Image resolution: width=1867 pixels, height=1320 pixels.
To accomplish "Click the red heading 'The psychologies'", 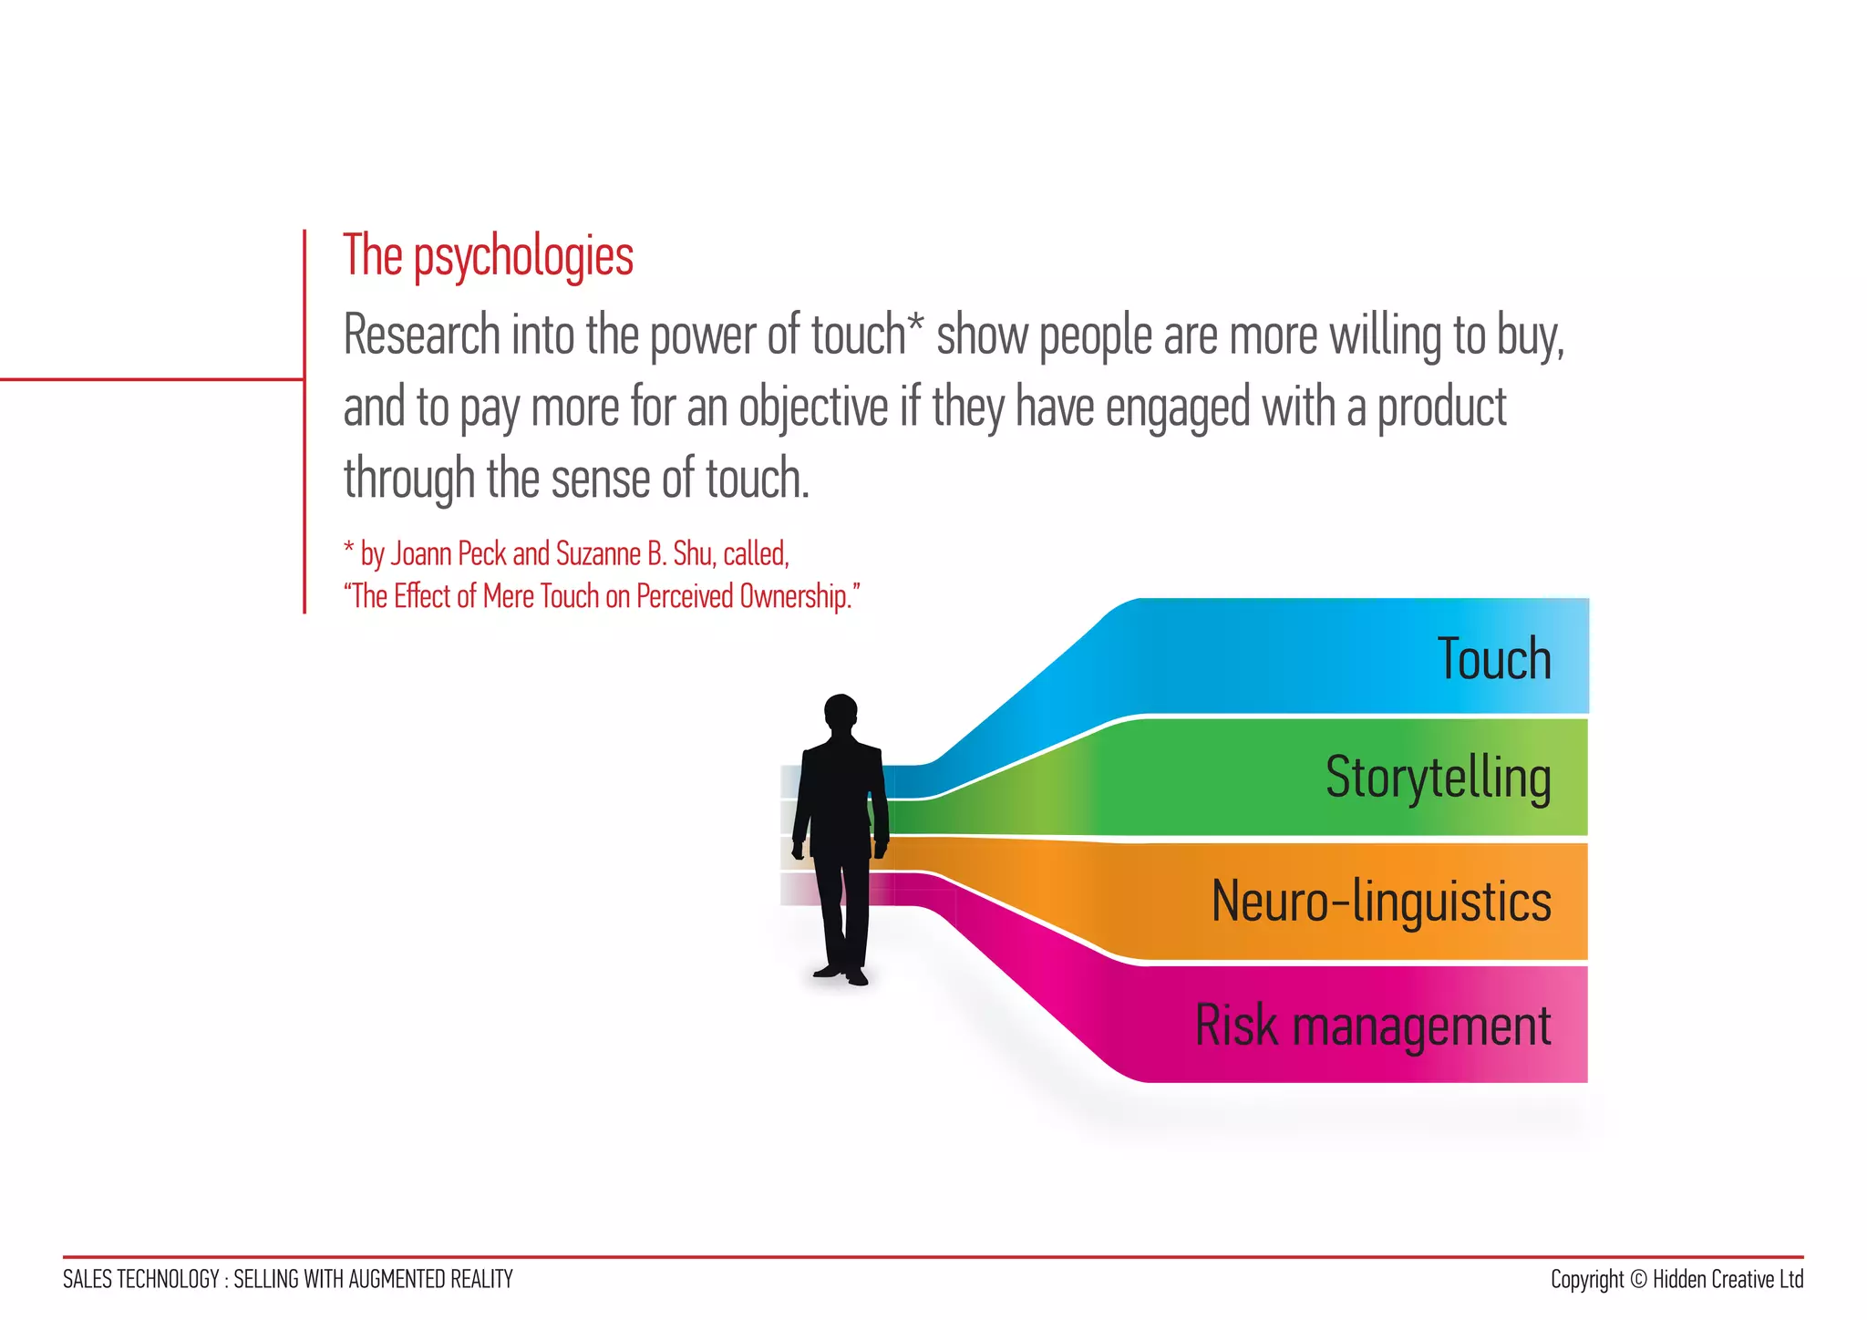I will click(488, 256).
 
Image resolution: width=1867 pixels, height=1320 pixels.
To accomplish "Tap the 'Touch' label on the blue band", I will click(1494, 659).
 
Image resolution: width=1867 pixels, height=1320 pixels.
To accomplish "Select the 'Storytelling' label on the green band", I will click(1438, 778).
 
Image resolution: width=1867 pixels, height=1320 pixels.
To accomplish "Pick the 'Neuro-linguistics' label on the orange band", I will click(1381, 902).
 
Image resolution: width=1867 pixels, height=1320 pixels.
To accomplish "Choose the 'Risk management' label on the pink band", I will click(1373, 1026).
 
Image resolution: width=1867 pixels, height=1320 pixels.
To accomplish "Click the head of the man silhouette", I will click(841, 712).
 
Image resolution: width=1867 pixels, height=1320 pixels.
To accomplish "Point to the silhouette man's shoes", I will click(842, 975).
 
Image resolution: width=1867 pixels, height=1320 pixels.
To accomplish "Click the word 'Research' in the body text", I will click(422, 335).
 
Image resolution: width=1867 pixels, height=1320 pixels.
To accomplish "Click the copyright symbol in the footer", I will click(1638, 1280).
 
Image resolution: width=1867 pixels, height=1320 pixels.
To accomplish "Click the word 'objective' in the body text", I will click(813, 407).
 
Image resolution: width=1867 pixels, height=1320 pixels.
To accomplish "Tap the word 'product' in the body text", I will click(1441, 407).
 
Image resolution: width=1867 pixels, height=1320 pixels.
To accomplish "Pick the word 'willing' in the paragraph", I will click(1387, 336).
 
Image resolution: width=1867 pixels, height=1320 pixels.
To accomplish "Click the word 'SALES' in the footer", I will click(88, 1280).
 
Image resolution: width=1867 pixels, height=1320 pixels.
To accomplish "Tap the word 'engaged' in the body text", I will click(1178, 408).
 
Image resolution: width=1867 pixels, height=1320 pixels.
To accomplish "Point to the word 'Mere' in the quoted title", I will click(509, 596).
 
